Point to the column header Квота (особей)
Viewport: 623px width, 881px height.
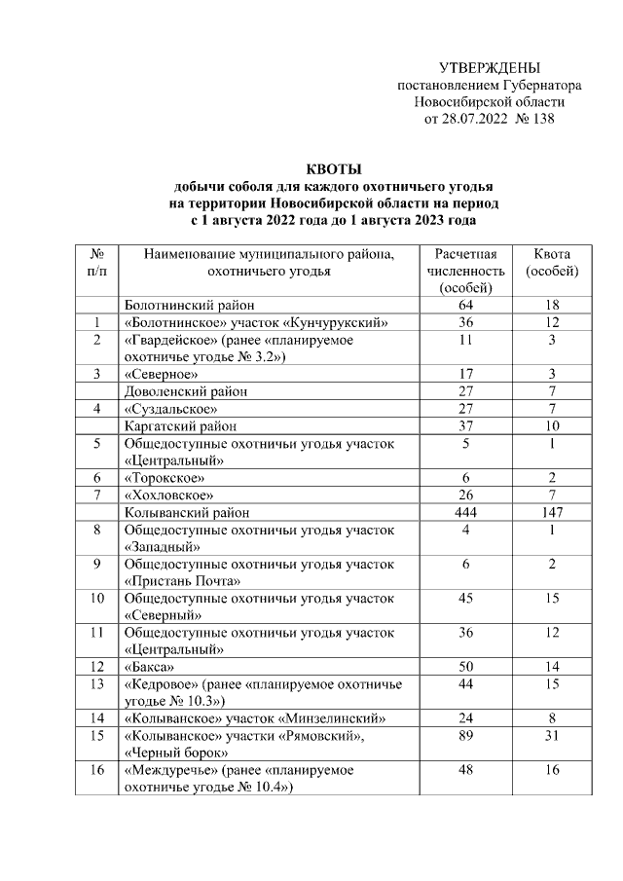552,263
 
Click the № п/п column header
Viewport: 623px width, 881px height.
97,263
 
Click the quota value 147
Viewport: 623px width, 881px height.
552,511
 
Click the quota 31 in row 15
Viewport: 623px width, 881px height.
552,737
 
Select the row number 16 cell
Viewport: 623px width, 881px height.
97,770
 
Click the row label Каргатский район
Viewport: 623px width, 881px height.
179,425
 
